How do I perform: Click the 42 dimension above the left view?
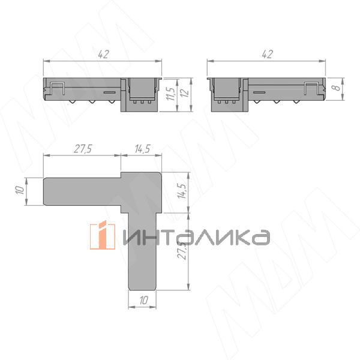[x=103, y=54]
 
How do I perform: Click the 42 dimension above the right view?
[x=267, y=54]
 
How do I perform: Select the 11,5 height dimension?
[x=171, y=94]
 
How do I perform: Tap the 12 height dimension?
[x=185, y=92]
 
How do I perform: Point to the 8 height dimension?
[x=337, y=88]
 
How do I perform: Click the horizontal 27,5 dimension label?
[x=83, y=149]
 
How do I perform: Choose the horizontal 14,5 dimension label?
[x=142, y=149]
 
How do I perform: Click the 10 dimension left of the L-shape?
[x=20, y=190]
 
